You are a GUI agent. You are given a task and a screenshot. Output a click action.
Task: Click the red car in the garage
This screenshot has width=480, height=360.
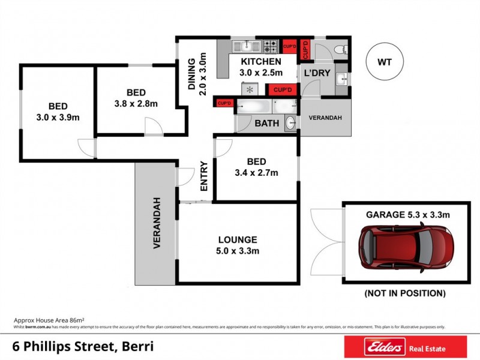click(x=406, y=246)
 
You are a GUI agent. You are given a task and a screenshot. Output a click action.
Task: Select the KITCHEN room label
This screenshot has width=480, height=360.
click(x=260, y=62)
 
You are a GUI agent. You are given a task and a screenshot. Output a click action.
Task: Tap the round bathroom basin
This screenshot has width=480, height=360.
click(x=290, y=122)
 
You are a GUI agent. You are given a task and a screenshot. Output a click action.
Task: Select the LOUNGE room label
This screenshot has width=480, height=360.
click(x=238, y=239)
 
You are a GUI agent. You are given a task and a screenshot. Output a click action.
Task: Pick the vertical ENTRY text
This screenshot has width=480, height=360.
click(x=203, y=176)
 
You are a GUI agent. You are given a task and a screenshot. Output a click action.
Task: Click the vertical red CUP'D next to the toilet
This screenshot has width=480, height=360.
click(x=305, y=49)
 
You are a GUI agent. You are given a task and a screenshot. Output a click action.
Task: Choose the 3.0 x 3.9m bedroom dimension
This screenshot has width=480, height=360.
click(x=58, y=118)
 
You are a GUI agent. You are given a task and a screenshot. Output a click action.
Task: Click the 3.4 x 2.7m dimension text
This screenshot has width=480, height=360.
click(x=257, y=173)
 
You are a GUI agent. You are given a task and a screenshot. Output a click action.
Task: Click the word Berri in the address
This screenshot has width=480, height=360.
click(x=137, y=347)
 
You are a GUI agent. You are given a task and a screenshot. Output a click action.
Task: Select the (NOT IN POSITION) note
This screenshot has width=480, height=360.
click(x=406, y=293)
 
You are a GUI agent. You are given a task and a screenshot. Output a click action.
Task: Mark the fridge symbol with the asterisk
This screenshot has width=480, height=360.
click(x=250, y=89)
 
